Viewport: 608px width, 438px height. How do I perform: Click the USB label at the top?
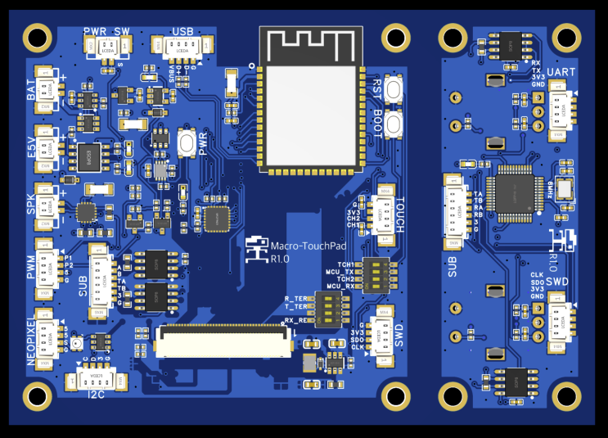[x=182, y=31]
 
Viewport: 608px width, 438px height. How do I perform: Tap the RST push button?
[x=395, y=90]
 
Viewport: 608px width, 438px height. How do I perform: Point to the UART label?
[x=561, y=73]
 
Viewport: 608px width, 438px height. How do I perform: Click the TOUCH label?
[x=400, y=214]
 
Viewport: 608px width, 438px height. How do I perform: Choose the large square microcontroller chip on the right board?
[x=514, y=193]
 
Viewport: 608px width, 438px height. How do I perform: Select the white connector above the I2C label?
[x=96, y=377]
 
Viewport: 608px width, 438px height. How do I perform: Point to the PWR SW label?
[x=107, y=31]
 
